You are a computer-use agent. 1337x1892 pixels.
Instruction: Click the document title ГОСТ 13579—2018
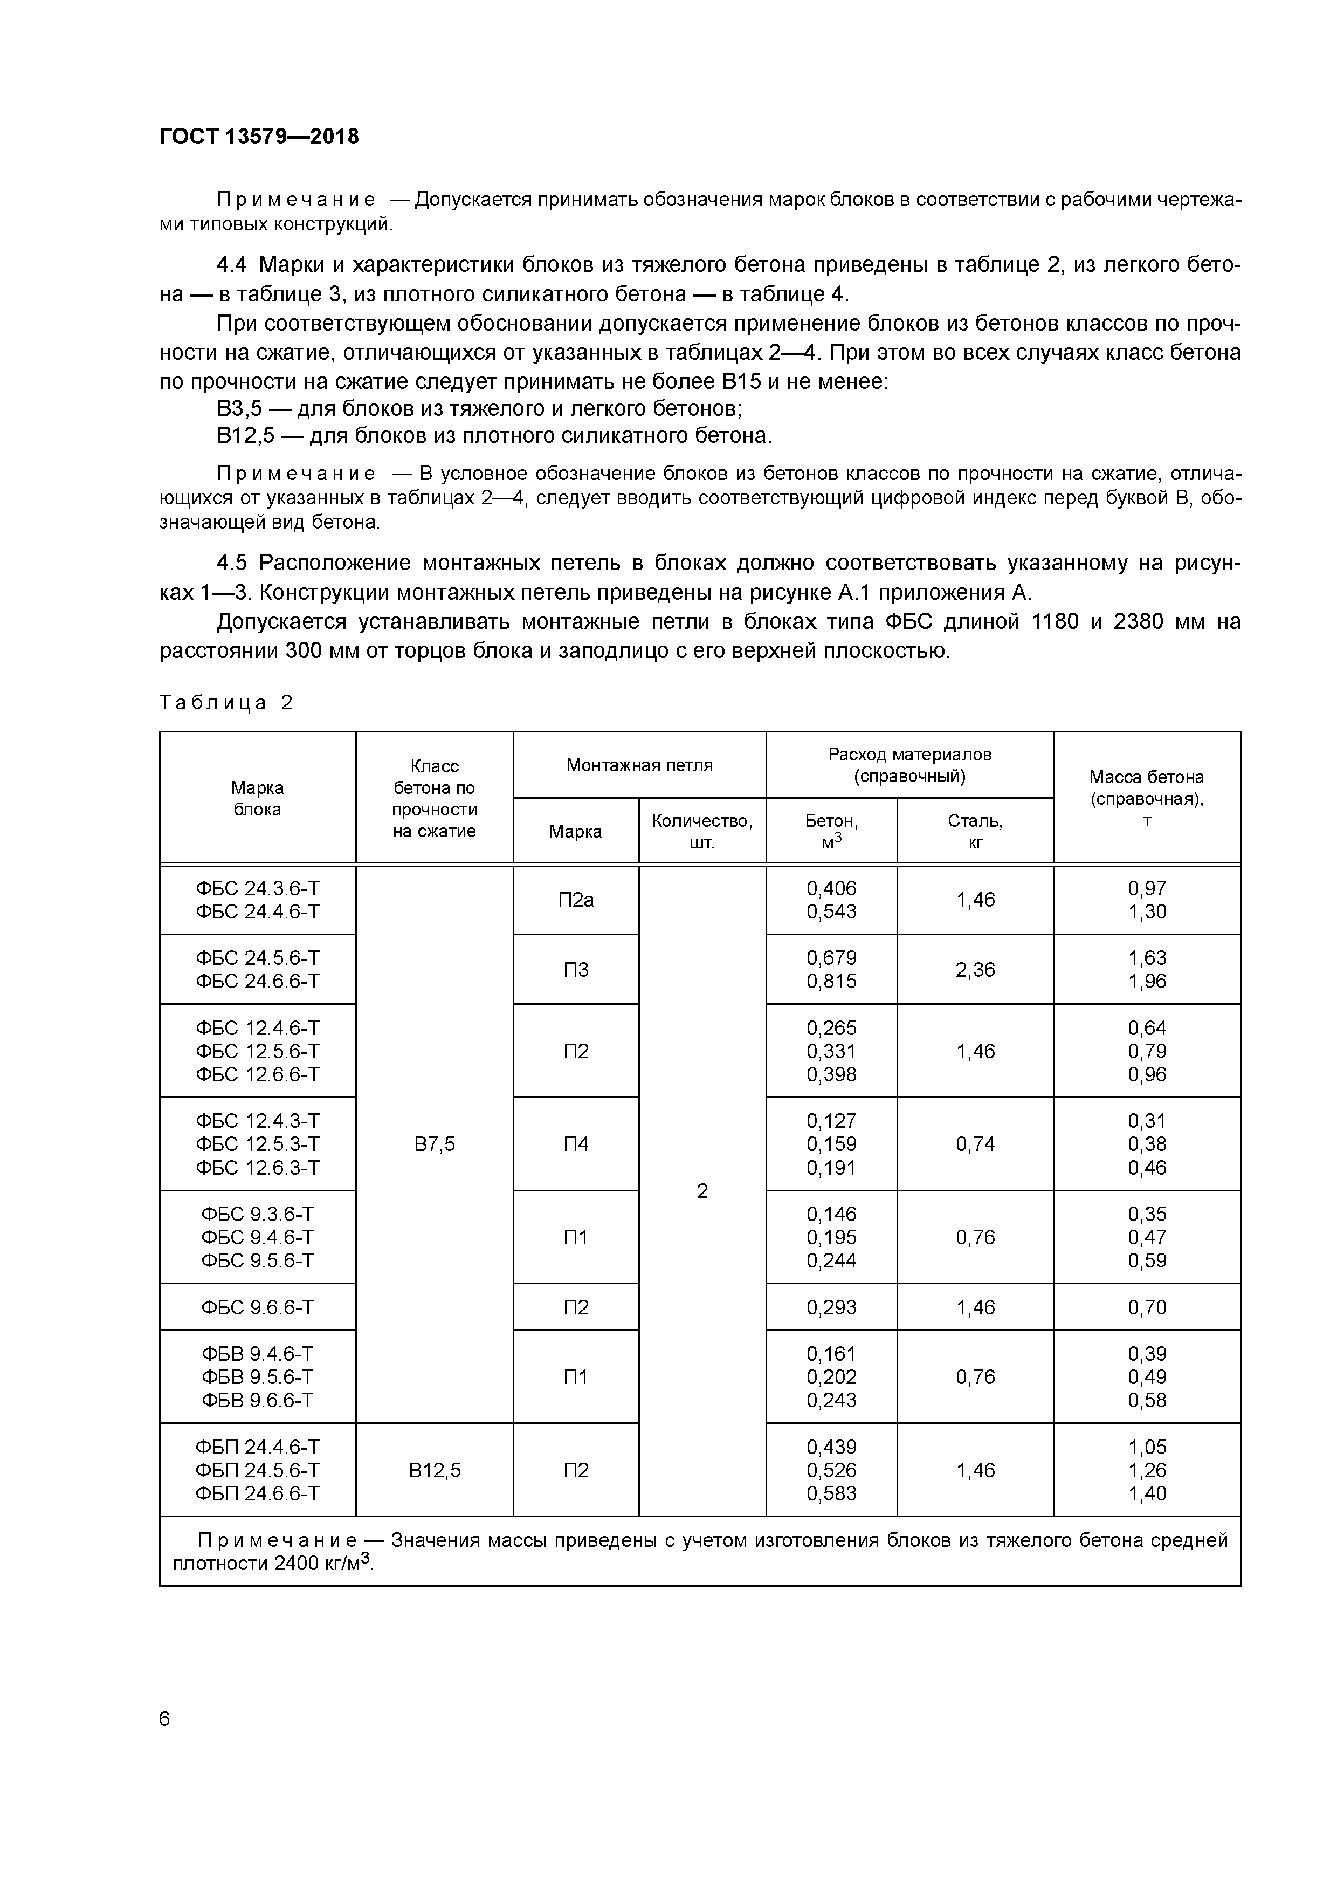259,137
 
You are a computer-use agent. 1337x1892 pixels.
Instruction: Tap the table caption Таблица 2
226,703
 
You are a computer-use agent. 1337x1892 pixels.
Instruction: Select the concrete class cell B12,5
434,1470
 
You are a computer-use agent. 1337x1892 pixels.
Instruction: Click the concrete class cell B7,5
434,1144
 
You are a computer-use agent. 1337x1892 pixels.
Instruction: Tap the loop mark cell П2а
575,900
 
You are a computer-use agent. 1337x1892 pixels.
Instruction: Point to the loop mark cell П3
575,969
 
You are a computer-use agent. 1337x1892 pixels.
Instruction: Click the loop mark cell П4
575,1144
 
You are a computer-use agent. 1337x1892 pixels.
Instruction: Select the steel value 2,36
975,969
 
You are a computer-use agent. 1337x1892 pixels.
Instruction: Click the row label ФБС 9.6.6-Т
257,1307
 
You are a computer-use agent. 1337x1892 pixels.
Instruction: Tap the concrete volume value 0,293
831,1307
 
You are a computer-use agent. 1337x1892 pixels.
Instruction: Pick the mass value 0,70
1147,1307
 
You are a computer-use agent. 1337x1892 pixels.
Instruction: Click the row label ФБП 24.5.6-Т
257,1470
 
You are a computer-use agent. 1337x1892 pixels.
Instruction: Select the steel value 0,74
975,1144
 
